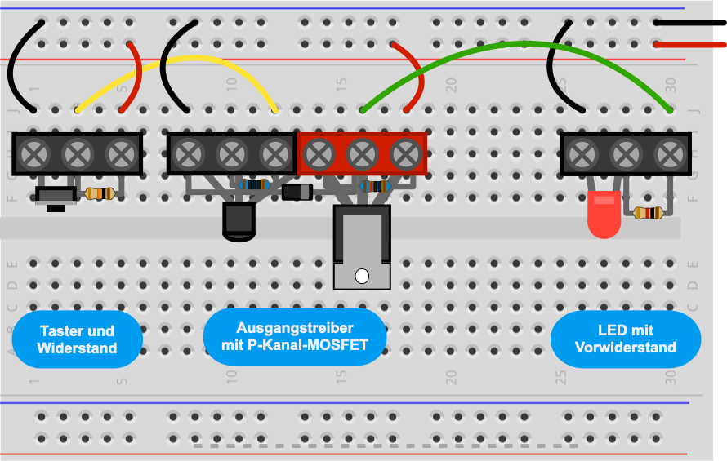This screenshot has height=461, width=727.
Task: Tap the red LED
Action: coord(604,214)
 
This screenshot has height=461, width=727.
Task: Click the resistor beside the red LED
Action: coord(648,213)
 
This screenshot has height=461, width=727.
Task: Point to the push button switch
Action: coord(56,197)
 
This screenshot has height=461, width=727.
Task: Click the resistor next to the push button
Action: coord(100,193)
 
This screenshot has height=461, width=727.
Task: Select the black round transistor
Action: coord(239,221)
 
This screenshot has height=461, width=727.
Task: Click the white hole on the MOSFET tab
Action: coord(362,276)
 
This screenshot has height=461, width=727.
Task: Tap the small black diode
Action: coord(297,192)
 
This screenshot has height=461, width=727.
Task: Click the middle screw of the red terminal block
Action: coord(362,154)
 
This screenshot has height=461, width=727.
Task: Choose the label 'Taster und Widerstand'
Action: coord(77,339)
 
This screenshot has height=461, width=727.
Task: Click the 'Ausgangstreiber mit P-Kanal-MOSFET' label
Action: coord(295,336)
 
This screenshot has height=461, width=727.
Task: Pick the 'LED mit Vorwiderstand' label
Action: coord(626,339)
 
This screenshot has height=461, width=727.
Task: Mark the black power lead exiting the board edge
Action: coord(689,22)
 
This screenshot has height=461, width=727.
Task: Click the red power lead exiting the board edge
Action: coord(689,45)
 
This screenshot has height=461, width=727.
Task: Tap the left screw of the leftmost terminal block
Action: coord(33,154)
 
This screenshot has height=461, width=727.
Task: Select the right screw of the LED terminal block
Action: coord(670,154)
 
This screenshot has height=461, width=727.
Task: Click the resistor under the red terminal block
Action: coord(375,187)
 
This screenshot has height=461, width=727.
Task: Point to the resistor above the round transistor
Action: coord(253,185)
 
